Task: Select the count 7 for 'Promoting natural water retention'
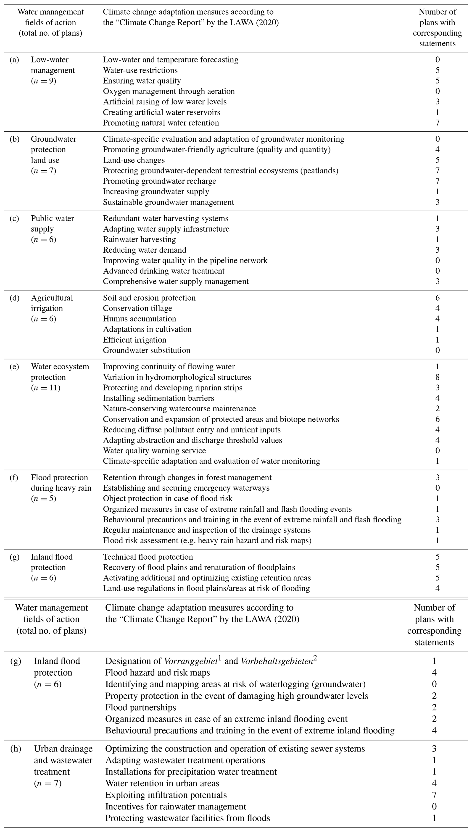[437, 123]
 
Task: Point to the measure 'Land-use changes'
[134, 160]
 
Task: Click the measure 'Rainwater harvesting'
[139, 239]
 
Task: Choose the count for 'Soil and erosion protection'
[437, 298]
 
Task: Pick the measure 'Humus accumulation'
[139, 319]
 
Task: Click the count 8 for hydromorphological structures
[437, 377]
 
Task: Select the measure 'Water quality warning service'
[154, 451]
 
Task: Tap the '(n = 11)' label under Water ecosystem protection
[46, 388]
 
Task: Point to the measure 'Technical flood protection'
[148, 557]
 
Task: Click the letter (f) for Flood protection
[14, 478]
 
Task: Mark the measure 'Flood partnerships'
[140, 707]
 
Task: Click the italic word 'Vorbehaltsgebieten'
[277, 661]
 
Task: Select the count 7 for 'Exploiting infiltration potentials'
[434, 795]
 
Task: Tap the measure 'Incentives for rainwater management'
[175, 807]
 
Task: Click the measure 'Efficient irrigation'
[134, 340]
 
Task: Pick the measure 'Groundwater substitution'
[147, 350]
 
